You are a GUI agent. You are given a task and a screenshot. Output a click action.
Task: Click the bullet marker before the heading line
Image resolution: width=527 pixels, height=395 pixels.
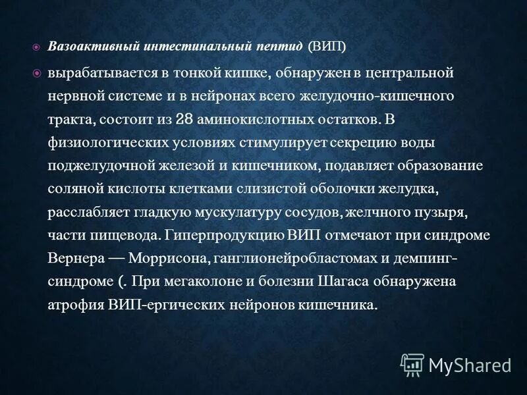[x=37, y=48]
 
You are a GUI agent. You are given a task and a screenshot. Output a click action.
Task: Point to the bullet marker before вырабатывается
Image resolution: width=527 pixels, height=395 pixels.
[x=37, y=72]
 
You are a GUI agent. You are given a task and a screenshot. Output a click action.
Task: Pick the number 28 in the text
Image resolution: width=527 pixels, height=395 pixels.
[x=204, y=120]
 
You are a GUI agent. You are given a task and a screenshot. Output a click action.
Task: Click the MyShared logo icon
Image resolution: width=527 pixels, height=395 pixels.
[x=412, y=364]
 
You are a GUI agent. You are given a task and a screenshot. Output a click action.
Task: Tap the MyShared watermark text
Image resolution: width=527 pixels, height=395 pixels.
[x=470, y=365]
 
